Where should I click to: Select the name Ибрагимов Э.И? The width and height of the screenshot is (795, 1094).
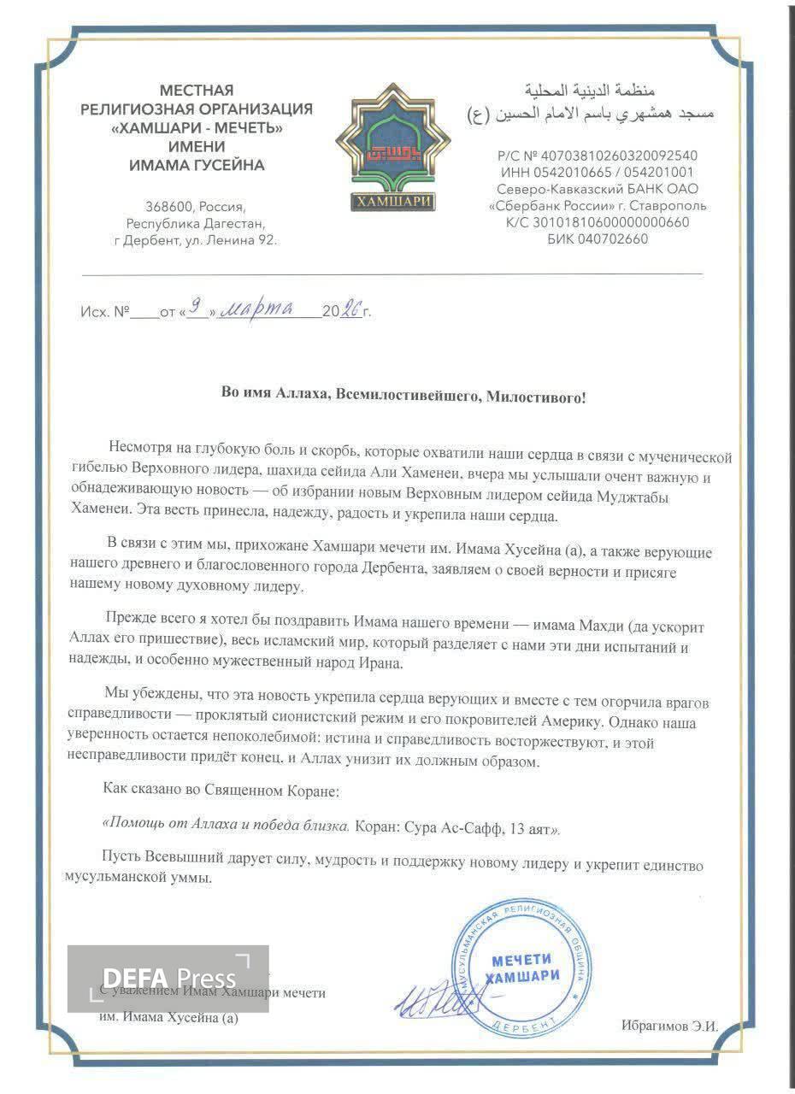669,1026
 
